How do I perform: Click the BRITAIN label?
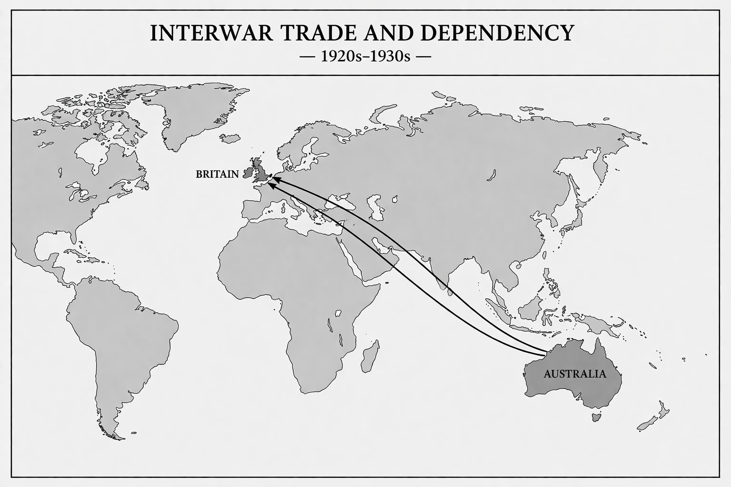point(217,174)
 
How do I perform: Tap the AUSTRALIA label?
point(575,374)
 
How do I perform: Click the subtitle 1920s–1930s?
point(365,57)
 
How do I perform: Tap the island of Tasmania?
point(595,417)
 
